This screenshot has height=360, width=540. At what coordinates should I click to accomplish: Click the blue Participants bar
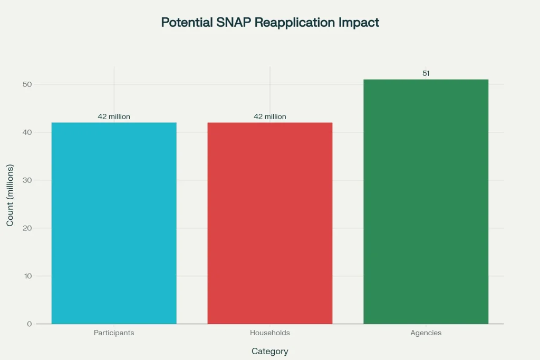coord(114,223)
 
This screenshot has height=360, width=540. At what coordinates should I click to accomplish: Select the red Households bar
coord(270,223)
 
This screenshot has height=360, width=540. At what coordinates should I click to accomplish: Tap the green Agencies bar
coord(426,201)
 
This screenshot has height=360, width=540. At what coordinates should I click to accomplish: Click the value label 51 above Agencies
coord(426,73)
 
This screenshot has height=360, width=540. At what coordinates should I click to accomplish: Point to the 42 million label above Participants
coord(114,116)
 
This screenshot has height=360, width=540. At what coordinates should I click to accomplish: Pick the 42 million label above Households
coord(270,116)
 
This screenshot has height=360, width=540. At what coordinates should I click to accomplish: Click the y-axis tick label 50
coord(27,84)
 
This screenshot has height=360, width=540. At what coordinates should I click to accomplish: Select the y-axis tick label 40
coord(27,132)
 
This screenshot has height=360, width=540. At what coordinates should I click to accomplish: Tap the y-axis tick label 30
coord(27,180)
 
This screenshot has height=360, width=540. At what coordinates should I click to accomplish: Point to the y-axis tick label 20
coord(27,228)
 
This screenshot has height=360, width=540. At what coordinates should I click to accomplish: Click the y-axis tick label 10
coord(27,276)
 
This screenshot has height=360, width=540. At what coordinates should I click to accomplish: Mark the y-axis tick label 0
coord(30,324)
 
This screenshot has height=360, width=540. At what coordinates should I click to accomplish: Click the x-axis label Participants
coord(114,333)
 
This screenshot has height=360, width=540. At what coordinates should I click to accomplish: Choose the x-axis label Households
coord(270,333)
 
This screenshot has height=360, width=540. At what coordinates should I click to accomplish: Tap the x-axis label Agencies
coord(426,333)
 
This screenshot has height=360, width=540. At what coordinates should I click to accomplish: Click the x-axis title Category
coord(270,351)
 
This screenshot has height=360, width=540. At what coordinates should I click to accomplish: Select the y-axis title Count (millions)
coord(10,195)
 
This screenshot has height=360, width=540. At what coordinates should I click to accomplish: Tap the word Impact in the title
coord(361,23)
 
